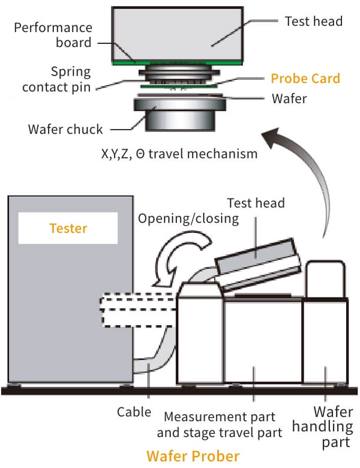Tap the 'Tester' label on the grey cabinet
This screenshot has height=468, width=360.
pos(68,229)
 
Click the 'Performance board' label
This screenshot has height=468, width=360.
pos(53,35)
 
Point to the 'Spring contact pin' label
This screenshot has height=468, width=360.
pos(58,79)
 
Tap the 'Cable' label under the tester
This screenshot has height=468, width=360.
pos(134,413)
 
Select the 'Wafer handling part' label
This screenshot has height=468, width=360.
pos(331,427)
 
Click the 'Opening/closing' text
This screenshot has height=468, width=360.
pos(188,218)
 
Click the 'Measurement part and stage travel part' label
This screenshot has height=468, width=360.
pos(220,424)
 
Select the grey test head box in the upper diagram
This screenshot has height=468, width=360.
pos(176,33)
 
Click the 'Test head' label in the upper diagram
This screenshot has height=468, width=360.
pos(313,22)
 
